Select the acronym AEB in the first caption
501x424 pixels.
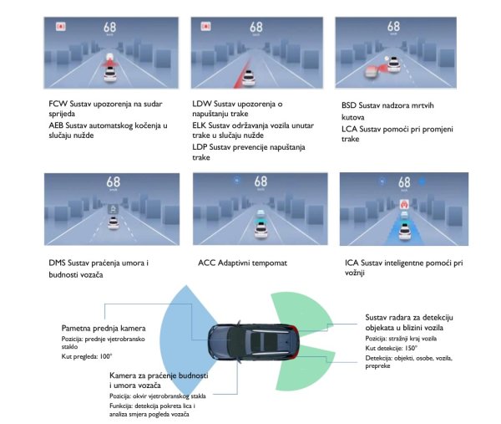coord(58,125)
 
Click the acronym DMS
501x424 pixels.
coord(59,263)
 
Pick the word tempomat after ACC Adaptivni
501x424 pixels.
coord(266,263)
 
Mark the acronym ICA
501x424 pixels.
coord(352,263)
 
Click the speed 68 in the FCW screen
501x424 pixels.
coord(110,28)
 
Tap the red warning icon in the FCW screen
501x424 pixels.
coord(59,27)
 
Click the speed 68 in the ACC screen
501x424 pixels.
coord(260,181)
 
